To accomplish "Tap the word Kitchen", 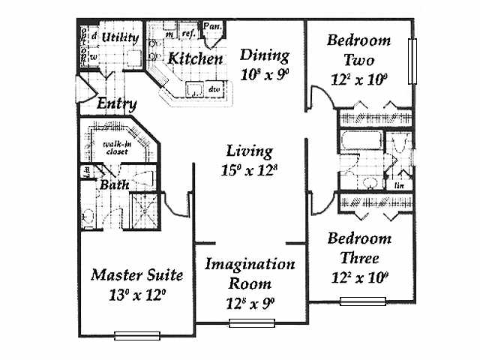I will (x=194, y=58).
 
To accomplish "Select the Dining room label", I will (x=265, y=55).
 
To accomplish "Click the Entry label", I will (x=117, y=104).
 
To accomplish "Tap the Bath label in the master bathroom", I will (x=114, y=184).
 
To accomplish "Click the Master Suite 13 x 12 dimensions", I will (x=136, y=294).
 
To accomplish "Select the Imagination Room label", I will (x=250, y=274).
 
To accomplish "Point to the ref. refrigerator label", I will (x=187, y=34).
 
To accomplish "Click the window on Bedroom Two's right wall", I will (x=410, y=61).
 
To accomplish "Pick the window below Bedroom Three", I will (x=355, y=301).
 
